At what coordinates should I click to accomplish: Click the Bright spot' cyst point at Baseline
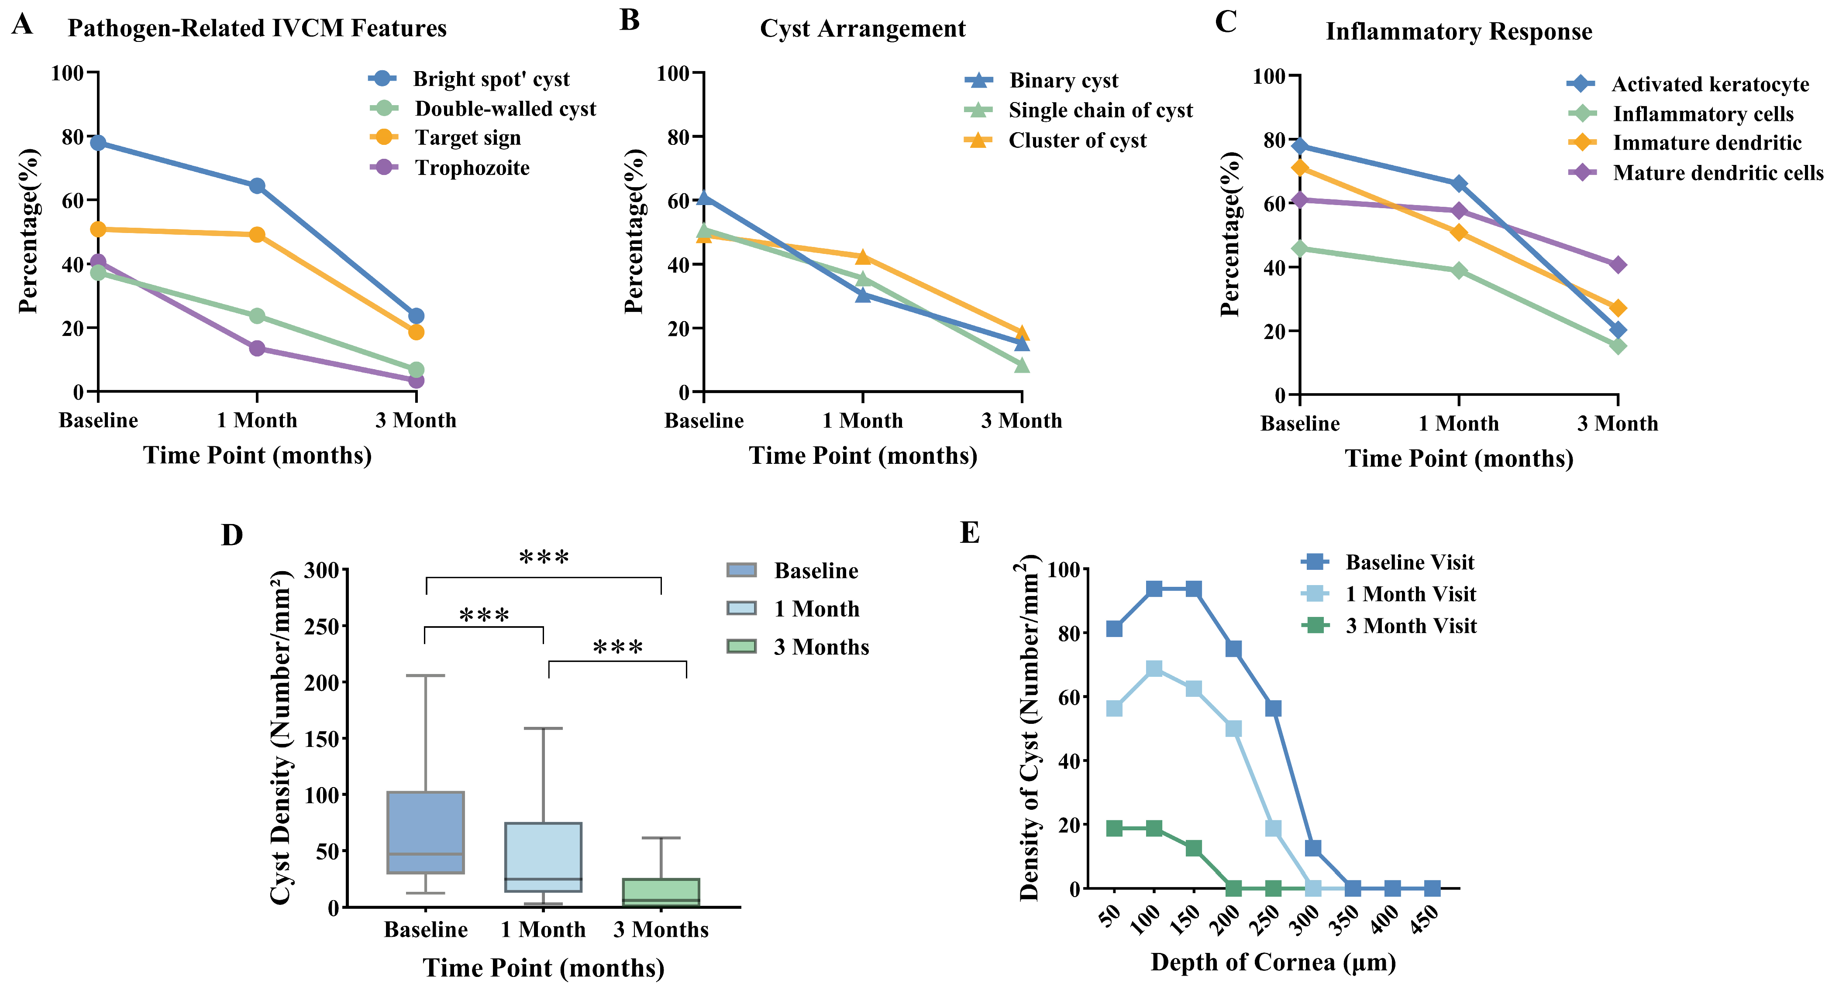[x=98, y=143]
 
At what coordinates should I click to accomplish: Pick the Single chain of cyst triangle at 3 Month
[x=1021, y=365]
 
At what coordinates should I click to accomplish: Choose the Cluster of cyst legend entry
[x=1077, y=141]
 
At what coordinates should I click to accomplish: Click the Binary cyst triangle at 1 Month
[x=863, y=294]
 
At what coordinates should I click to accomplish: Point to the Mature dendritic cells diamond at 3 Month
[x=1617, y=265]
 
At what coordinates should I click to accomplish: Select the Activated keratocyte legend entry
[x=1710, y=85]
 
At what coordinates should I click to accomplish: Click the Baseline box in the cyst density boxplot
[x=425, y=832]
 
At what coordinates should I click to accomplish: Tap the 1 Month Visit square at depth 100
[x=1154, y=669]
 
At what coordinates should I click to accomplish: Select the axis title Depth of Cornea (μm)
[x=1273, y=962]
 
